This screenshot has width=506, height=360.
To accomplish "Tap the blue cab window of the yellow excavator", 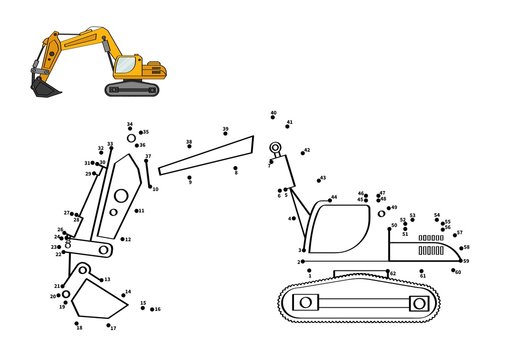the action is click(124, 66).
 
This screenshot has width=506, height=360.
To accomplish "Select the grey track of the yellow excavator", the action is click(133, 90).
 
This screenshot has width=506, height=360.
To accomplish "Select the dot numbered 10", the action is click(150, 187).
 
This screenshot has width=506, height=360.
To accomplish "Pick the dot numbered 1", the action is click(309, 269).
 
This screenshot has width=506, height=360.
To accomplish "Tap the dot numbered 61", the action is click(421, 270).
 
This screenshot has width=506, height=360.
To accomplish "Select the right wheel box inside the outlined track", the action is click(419, 302).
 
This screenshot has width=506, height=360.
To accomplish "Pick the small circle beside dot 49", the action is click(381, 213).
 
